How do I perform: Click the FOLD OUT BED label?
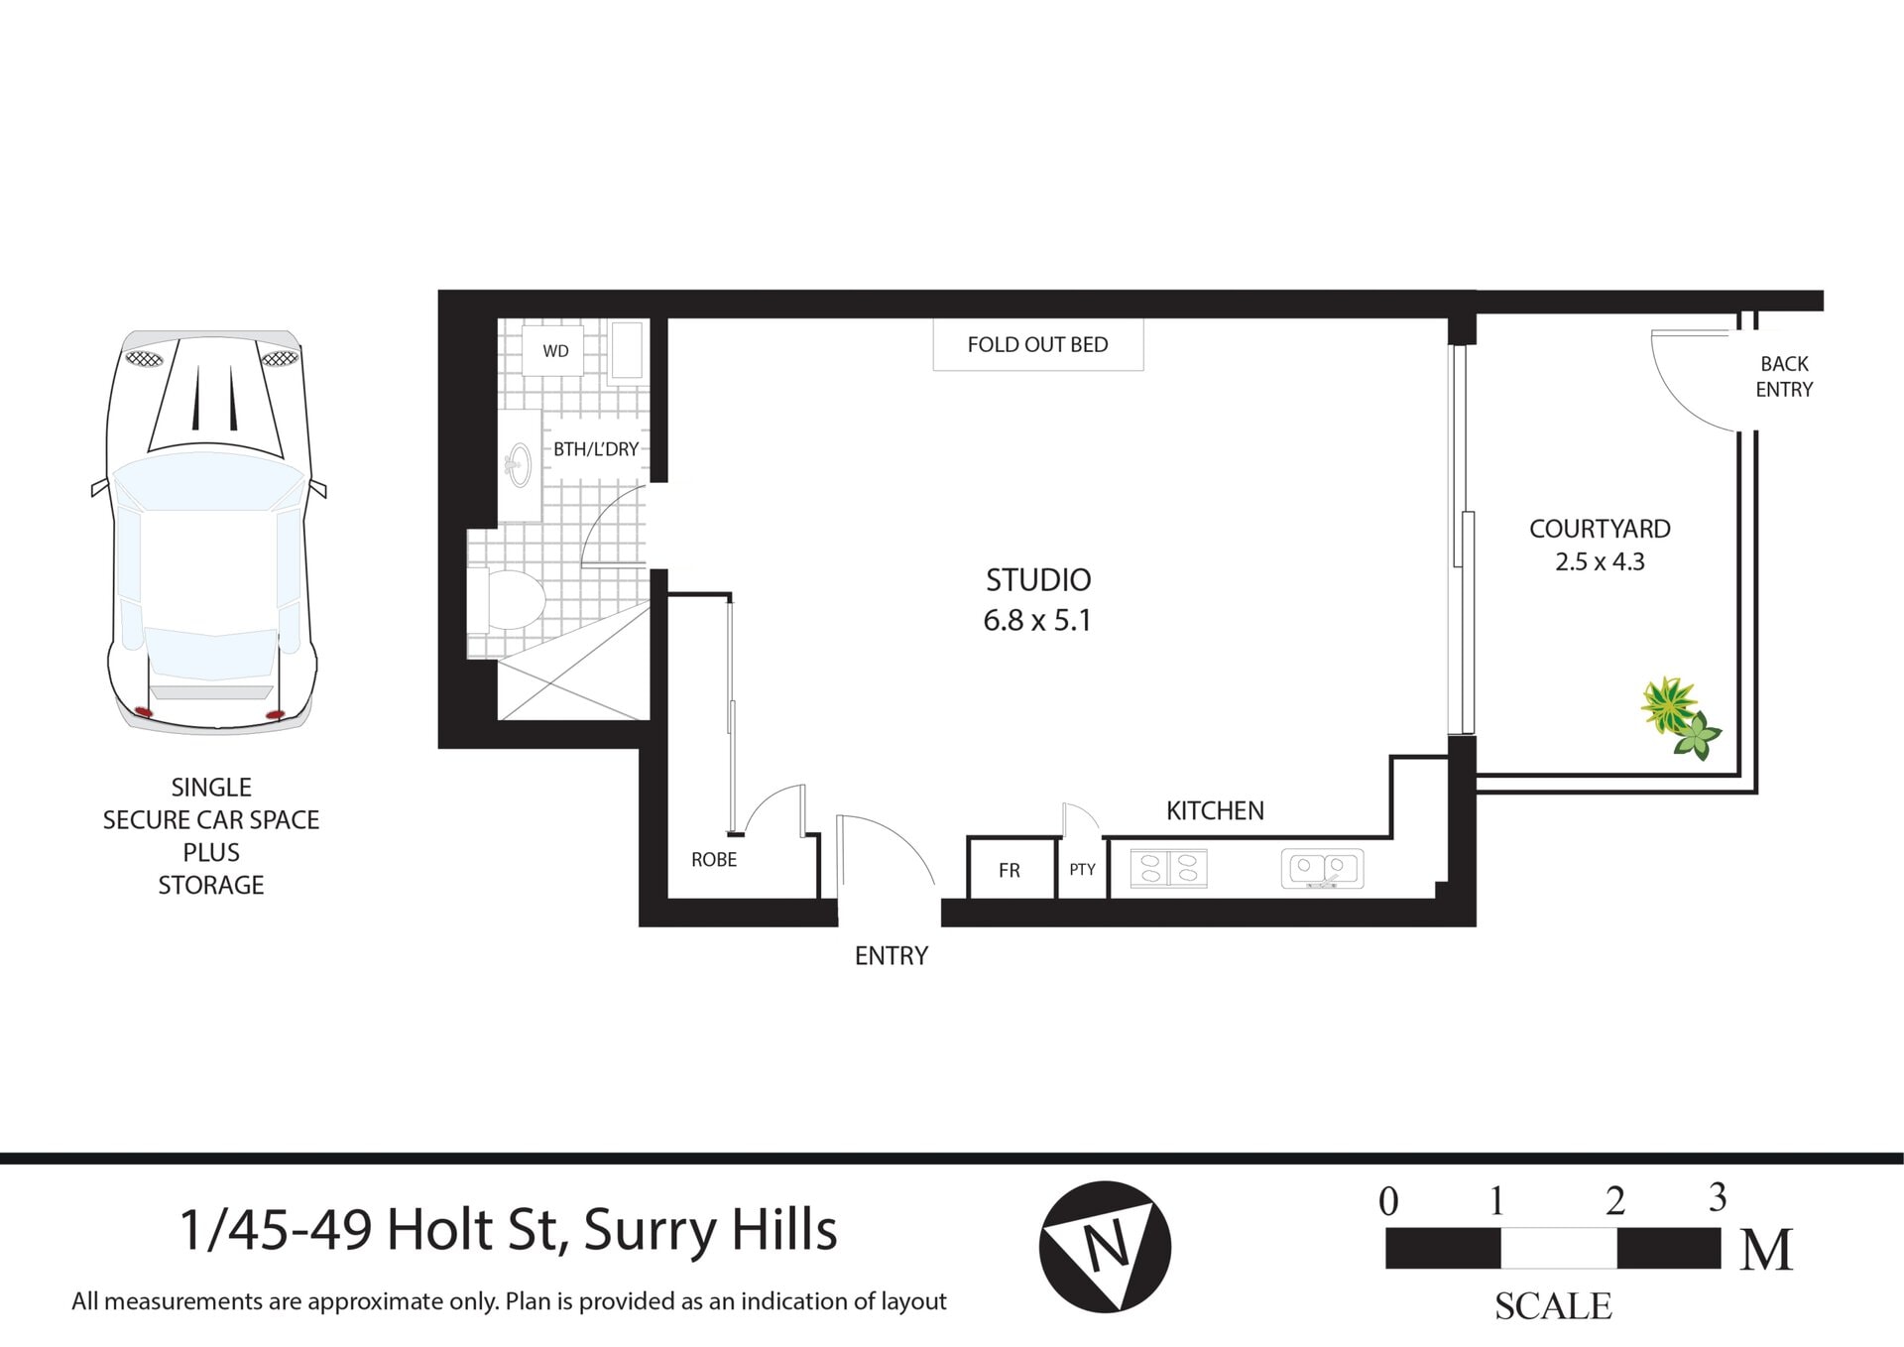(1037, 345)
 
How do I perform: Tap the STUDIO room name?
(1037, 579)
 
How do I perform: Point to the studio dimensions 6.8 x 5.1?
(1037, 621)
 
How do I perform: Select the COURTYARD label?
(1600, 529)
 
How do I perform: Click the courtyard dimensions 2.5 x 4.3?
(1600, 562)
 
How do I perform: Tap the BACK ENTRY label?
(1784, 377)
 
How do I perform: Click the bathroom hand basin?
(518, 463)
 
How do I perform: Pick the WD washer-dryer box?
(555, 351)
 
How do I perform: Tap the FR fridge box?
(1010, 869)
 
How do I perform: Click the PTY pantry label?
(1082, 870)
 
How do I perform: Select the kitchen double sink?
(1322, 869)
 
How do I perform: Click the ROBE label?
(714, 860)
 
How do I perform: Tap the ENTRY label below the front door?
(892, 956)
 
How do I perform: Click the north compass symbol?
(1105, 1247)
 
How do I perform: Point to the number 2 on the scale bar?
(1615, 1201)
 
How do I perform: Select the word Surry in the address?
(649, 1231)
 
